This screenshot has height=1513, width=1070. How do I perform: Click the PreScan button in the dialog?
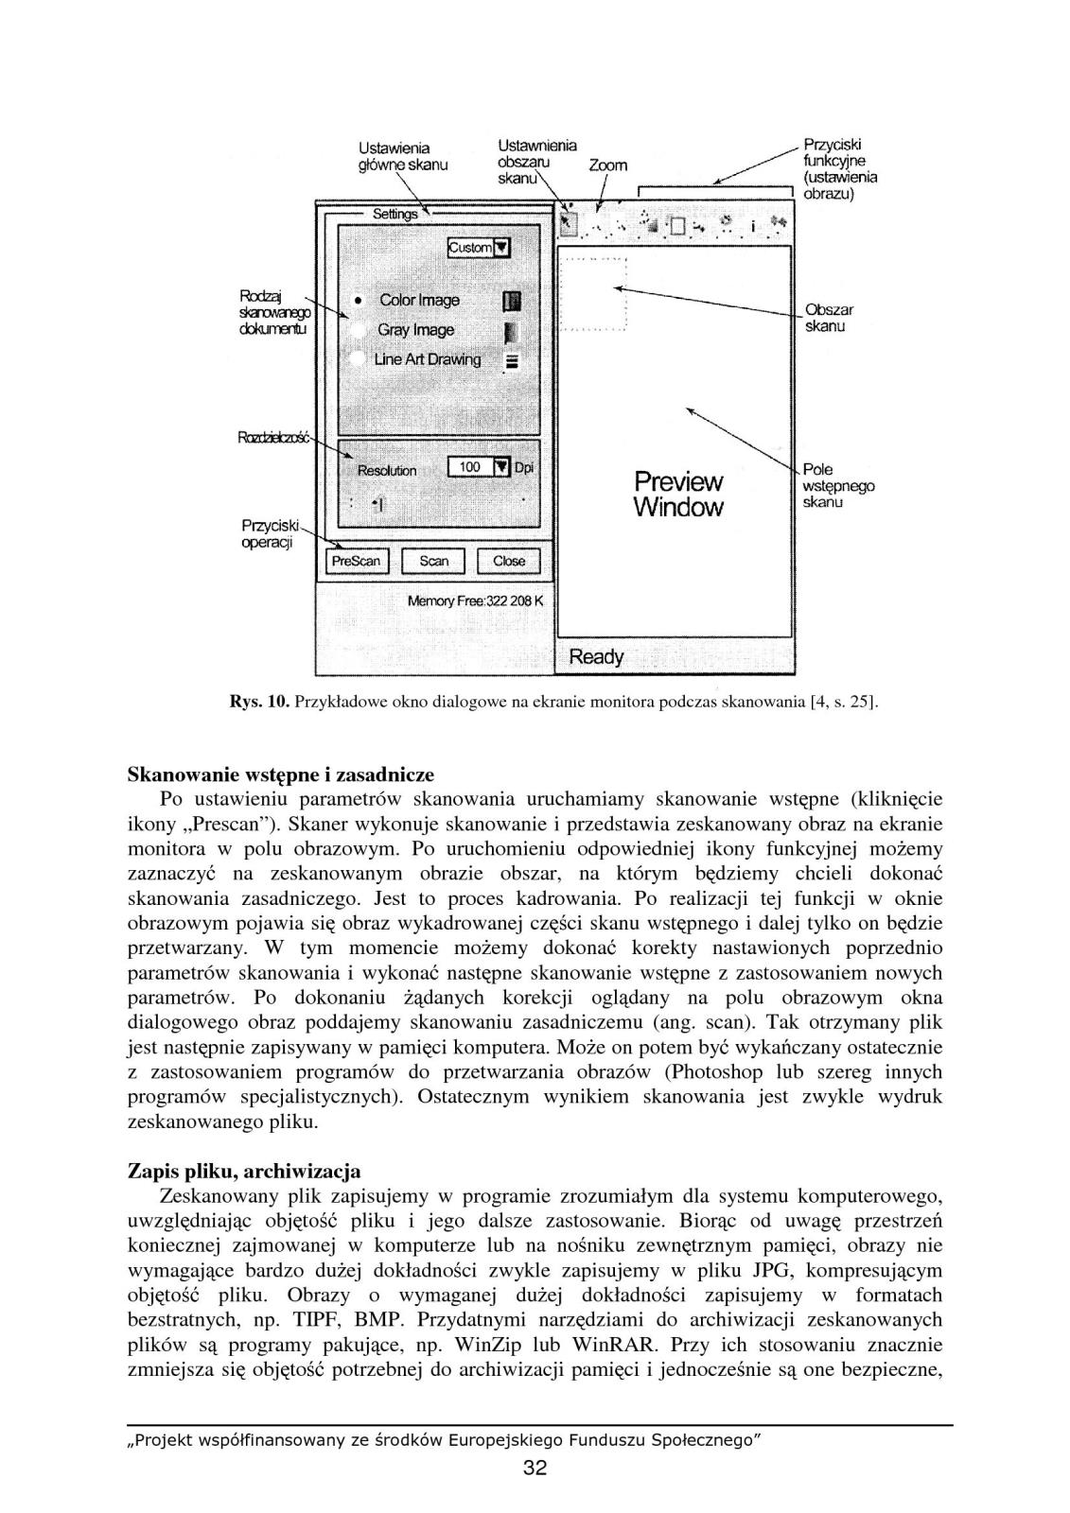pyautogui.click(x=356, y=561)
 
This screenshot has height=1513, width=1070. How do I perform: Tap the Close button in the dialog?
pyautogui.click(x=508, y=561)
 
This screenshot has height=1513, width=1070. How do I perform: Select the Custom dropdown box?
pyautogui.click(x=478, y=248)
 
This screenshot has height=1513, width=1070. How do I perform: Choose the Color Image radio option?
pyautogui.click(x=360, y=301)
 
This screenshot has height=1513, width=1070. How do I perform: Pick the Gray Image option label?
pyautogui.click(x=415, y=330)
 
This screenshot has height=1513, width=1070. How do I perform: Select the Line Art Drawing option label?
pyautogui.click(x=427, y=359)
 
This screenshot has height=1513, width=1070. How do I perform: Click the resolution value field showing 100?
pyautogui.click(x=470, y=467)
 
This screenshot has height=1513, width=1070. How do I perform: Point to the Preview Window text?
pyautogui.click(x=677, y=495)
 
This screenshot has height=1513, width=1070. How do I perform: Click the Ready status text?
pyautogui.click(x=596, y=656)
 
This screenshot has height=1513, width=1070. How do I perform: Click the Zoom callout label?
pyautogui.click(x=607, y=165)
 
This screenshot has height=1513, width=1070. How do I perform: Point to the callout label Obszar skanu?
pyautogui.click(x=829, y=318)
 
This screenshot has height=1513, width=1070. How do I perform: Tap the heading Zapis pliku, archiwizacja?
pyautogui.click(x=244, y=1172)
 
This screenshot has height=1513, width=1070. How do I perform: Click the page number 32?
pyautogui.click(x=535, y=1469)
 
